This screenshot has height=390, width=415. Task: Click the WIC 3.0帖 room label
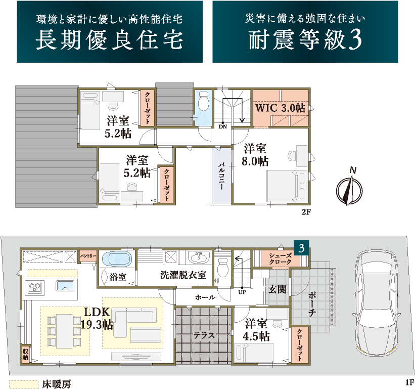click(280, 108)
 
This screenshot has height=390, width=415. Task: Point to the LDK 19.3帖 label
click(97, 318)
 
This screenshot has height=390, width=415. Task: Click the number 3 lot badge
click(301, 248)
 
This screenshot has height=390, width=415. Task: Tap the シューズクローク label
click(280, 258)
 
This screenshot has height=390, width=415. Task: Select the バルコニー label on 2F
click(221, 176)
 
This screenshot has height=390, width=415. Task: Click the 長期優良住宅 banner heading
click(110, 40)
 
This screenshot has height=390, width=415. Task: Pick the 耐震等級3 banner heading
click(305, 40)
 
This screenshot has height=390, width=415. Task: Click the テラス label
click(204, 335)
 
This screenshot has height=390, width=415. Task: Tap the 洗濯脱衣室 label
click(183, 275)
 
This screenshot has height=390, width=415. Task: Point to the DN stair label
click(222, 126)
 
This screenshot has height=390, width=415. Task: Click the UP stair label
click(242, 292)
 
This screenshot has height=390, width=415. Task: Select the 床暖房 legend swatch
click(24, 384)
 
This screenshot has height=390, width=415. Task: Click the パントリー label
click(88, 256)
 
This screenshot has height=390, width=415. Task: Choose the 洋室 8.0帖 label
click(255, 155)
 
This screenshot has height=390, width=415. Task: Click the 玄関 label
click(277, 289)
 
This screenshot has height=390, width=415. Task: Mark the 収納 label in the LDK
click(25, 355)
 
